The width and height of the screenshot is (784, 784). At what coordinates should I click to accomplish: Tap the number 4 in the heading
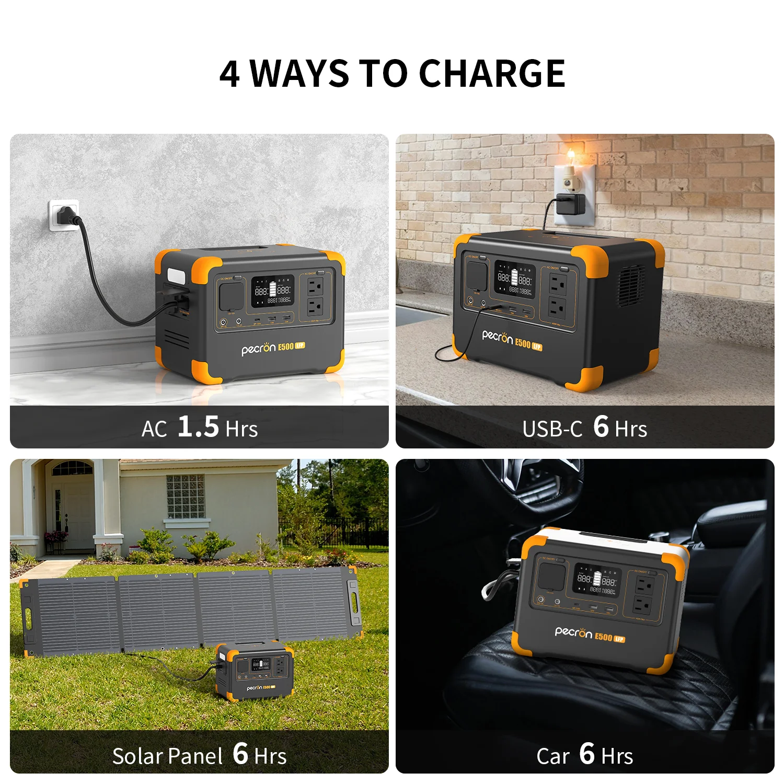coord(229,74)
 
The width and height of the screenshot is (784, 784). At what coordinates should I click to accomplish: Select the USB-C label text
coord(552,429)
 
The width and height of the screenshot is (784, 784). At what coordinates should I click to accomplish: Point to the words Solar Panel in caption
coord(167,756)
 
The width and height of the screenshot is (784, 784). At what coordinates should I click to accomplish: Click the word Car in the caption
coord(552,756)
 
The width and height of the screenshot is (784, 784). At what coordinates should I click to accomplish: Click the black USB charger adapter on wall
coord(570,204)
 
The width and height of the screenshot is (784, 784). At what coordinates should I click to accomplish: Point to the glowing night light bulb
coord(571,157)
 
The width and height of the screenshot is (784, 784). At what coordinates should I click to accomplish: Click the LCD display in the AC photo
coord(272,291)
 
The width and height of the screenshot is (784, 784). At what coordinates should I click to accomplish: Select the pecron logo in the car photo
coord(573,632)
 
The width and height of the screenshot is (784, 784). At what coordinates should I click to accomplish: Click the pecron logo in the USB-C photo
coord(497,337)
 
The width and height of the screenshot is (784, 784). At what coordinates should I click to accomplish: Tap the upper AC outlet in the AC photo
coord(315,286)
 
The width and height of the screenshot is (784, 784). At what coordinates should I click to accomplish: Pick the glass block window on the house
coord(185,496)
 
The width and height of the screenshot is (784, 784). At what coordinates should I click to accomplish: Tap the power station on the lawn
coord(255,671)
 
